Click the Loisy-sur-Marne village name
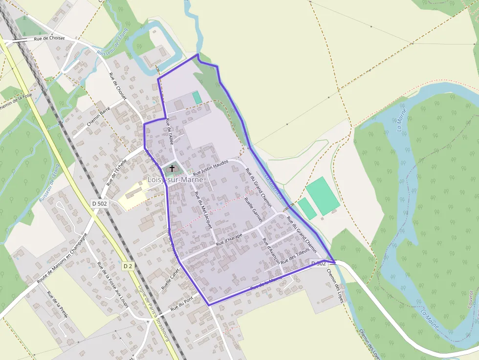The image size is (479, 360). [x=175, y=180]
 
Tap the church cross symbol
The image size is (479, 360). [x=172, y=169]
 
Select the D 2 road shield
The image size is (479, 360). [x=128, y=266]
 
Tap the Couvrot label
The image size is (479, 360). [x=471, y=297]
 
